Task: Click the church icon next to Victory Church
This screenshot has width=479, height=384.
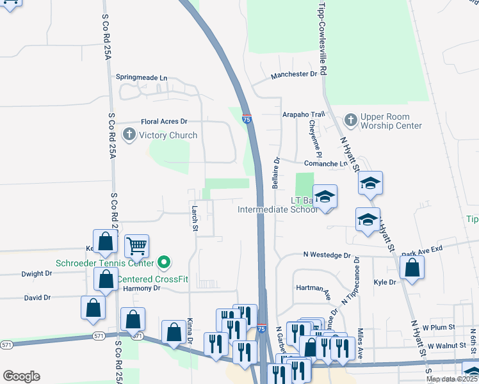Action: pyautogui.click(x=129, y=135)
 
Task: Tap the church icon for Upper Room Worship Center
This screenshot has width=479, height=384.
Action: pyautogui.click(x=350, y=120)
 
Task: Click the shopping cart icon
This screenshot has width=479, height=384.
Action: pyautogui.click(x=136, y=245)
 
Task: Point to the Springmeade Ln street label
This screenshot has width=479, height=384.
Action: pyautogui.click(x=141, y=77)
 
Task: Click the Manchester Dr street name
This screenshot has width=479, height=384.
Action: pyautogui.click(x=294, y=74)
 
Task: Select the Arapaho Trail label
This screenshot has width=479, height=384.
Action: pyautogui.click(x=304, y=114)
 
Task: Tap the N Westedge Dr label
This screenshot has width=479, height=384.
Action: pyautogui.click(x=327, y=255)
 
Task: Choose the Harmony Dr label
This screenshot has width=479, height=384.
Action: pyautogui.click(x=142, y=288)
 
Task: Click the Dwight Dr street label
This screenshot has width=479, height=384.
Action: pyautogui.click(x=37, y=273)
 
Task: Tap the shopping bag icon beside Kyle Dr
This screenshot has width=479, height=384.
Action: pyautogui.click(x=413, y=268)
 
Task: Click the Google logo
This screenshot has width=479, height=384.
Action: pyautogui.click(x=21, y=376)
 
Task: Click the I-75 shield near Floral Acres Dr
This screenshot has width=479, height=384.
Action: pyautogui.click(x=247, y=119)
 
